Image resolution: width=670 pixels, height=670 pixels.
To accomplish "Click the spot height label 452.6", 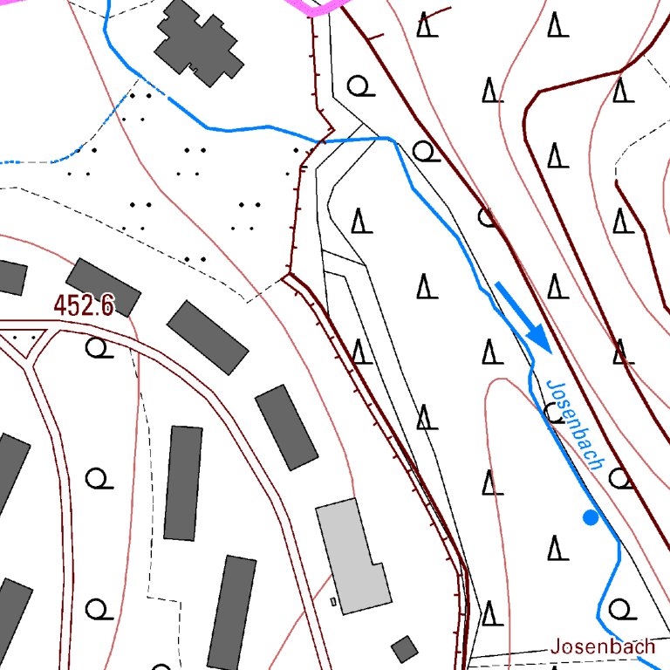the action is [x=84, y=305].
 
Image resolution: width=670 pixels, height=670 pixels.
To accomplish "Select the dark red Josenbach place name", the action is [x=602, y=646].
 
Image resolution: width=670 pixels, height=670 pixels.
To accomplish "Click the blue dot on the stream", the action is [x=591, y=517].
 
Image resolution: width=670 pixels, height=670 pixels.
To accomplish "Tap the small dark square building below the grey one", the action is [x=404, y=649].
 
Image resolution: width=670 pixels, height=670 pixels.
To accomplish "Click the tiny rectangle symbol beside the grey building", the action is [x=333, y=601].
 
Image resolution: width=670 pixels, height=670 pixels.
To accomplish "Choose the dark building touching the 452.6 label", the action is [x=104, y=287].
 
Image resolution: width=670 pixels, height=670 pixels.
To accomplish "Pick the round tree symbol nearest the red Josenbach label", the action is [x=619, y=607].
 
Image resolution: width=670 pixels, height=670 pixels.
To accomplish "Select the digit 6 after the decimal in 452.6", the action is [x=107, y=305].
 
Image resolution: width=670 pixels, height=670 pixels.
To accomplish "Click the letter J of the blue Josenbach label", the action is [x=551, y=386].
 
